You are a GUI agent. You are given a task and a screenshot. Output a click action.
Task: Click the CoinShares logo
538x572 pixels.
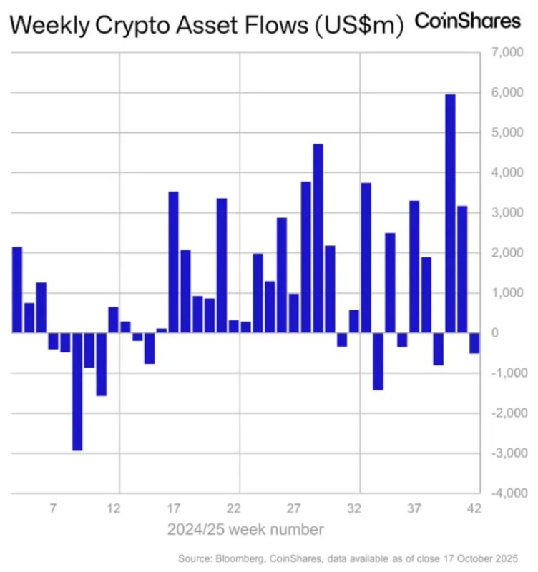pos(468,21)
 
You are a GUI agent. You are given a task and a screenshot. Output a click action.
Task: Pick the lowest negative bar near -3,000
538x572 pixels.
pos(77,391)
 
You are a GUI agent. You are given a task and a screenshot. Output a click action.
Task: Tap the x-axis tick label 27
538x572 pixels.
pos(293,509)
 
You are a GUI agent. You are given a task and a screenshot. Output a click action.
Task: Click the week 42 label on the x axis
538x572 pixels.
pos(474,509)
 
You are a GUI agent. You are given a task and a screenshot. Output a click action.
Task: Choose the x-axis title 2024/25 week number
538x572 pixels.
pos(246,531)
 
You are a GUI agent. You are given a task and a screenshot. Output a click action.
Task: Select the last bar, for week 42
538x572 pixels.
pos(474,343)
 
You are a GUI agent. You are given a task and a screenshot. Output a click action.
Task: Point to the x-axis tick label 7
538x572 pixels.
pos(53,509)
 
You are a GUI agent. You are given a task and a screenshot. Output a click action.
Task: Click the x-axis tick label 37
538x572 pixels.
pos(414,509)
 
